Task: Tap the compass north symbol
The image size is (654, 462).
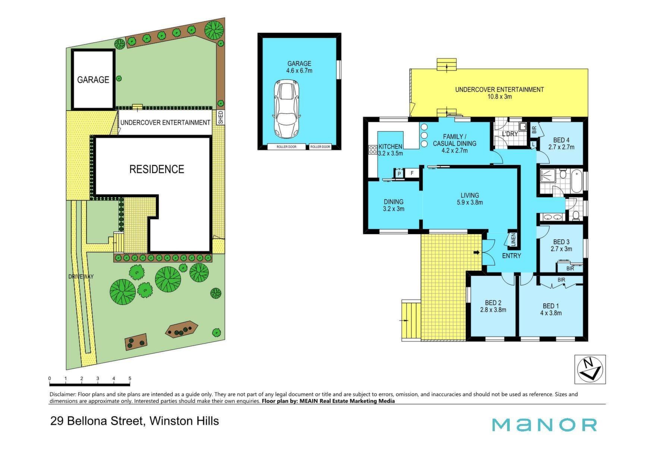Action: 590,369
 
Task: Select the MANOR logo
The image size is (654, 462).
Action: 544,425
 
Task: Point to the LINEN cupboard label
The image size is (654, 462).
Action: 513,240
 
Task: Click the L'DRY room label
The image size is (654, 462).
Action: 510,134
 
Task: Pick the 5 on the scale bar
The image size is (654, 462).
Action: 130,379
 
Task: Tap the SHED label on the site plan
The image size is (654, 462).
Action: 220,117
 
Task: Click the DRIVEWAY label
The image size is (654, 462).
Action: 81,277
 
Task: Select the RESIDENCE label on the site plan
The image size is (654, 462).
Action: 157,169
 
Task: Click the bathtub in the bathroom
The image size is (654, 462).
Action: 576,181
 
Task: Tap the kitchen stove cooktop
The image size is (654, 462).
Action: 372,150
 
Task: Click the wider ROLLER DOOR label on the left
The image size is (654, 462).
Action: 286,147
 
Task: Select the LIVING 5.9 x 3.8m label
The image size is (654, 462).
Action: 469,199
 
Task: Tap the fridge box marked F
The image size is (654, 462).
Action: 412,173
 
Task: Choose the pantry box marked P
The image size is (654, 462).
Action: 399,173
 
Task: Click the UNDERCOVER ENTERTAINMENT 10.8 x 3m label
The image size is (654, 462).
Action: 499,93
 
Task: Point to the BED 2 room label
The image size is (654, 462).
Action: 493,306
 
